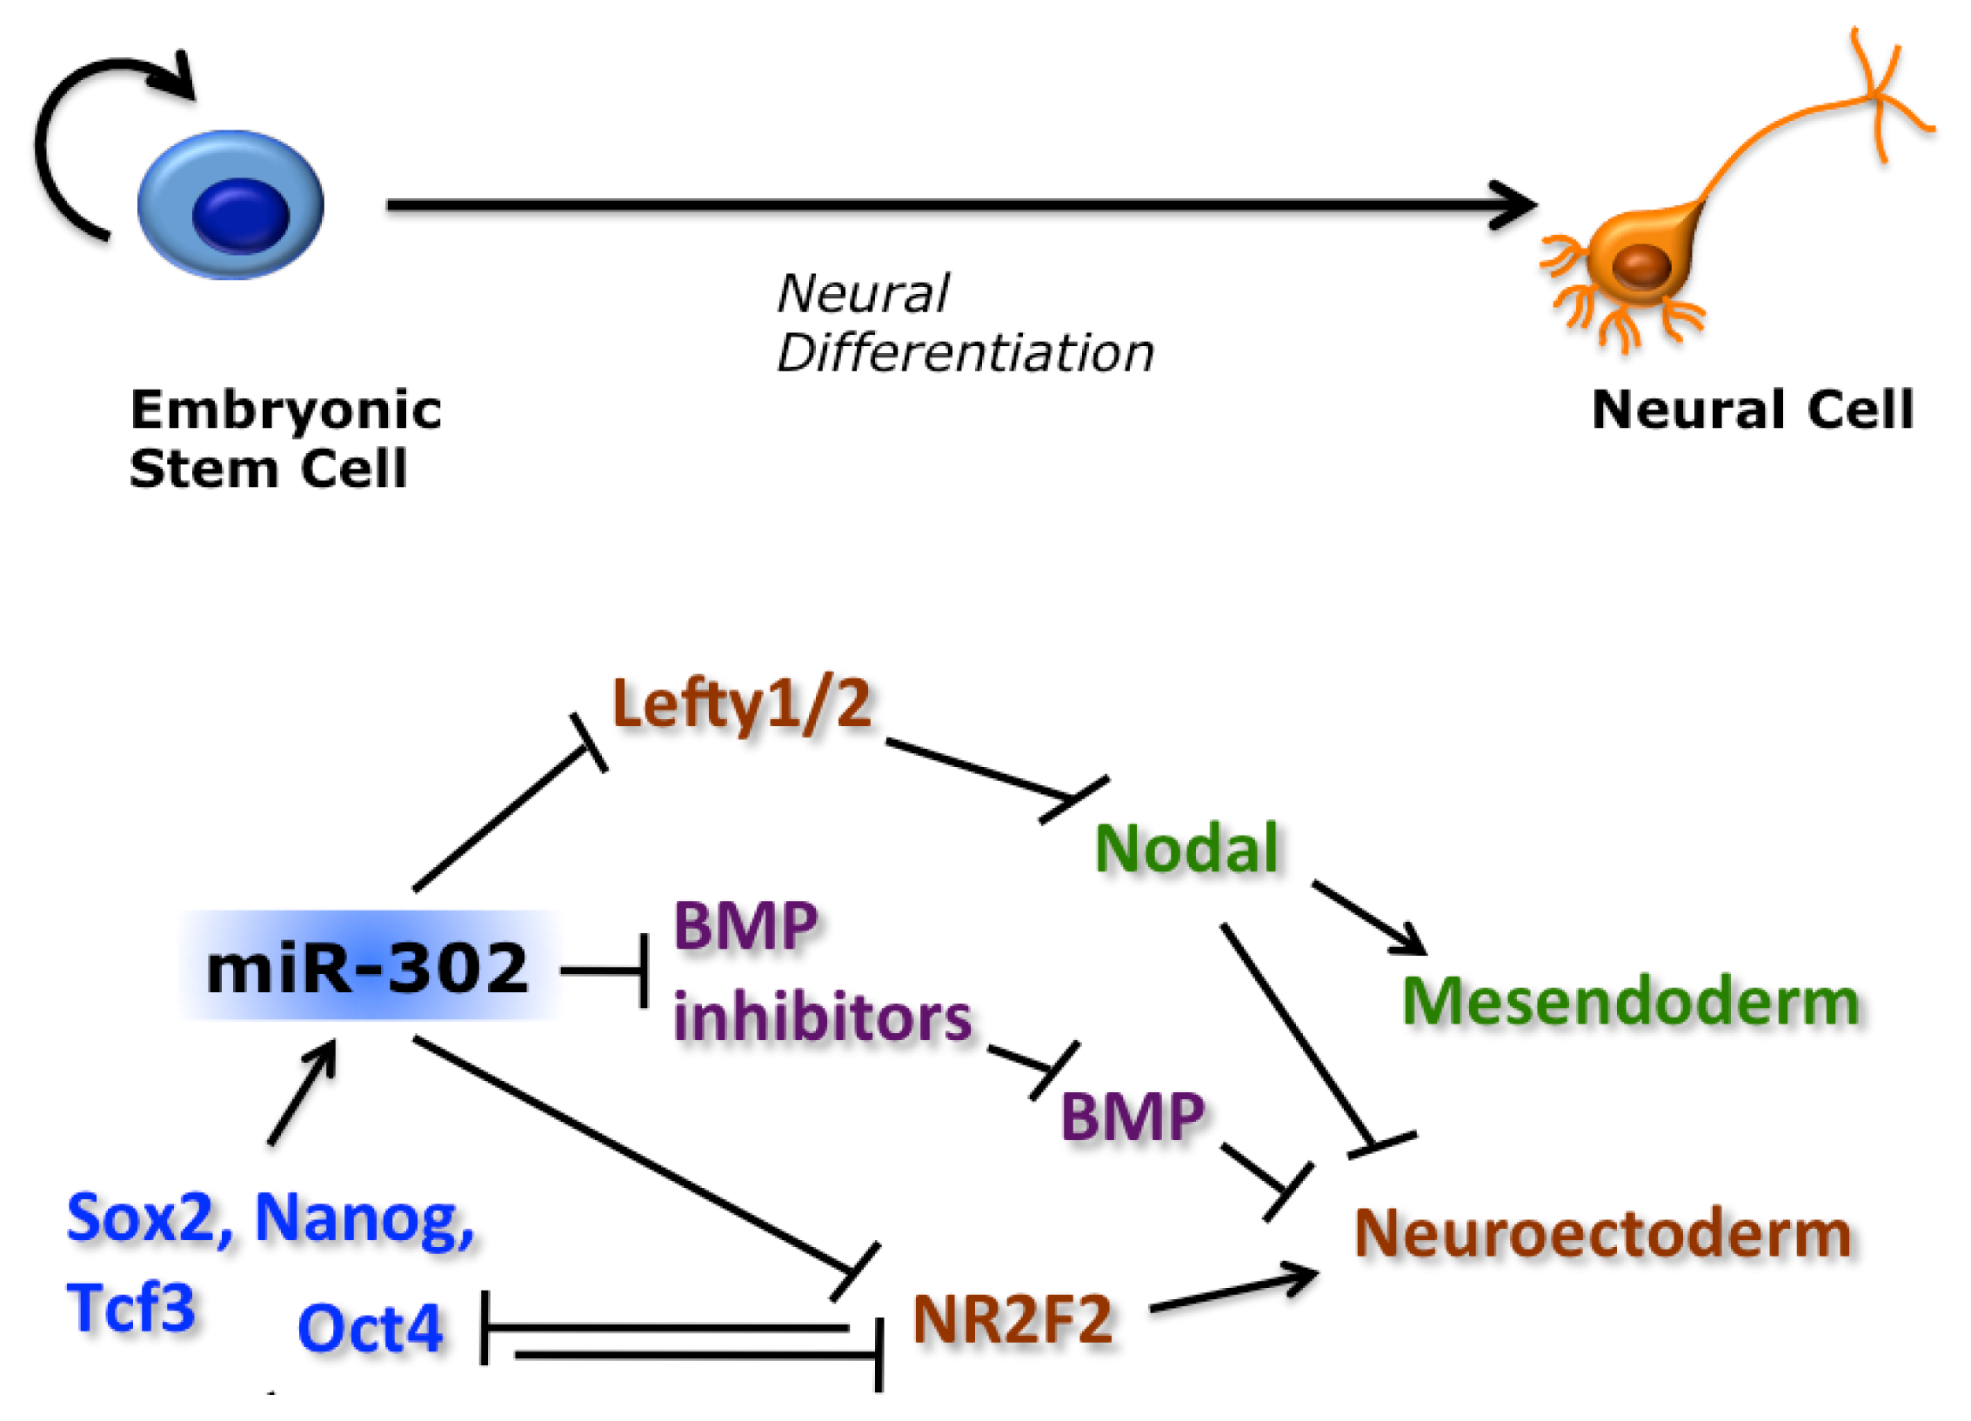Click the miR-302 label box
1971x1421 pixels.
(x=370, y=966)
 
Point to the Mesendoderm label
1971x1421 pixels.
(x=1631, y=1002)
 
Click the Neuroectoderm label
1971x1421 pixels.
(x=1602, y=1233)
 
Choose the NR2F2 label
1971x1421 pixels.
(x=1012, y=1320)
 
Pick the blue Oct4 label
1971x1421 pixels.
(x=371, y=1330)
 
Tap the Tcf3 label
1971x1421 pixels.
(x=130, y=1307)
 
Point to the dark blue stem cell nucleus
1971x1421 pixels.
(x=240, y=215)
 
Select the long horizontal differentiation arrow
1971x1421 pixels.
(x=962, y=205)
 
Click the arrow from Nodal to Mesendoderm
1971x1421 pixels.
(x=1369, y=918)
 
